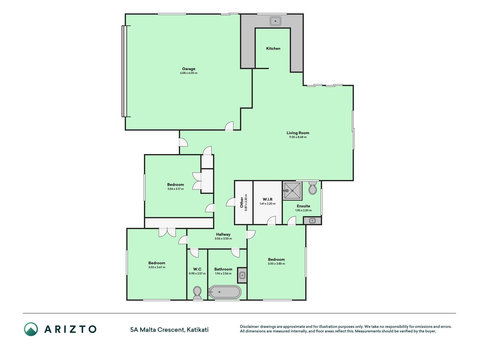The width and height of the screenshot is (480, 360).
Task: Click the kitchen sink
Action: coord(276,21)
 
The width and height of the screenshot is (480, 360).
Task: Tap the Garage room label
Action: coord(189,69)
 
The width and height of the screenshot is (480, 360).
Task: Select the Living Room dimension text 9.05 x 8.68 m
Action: coord(298,137)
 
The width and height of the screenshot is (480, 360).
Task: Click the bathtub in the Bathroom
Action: coord(225,292)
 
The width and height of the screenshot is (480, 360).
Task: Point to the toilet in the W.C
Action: coord(197,293)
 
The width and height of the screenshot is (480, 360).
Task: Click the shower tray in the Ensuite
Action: coord(292,191)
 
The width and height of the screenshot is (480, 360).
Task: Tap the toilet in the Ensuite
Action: coord(312,187)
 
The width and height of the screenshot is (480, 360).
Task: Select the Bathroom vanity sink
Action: coord(242,275)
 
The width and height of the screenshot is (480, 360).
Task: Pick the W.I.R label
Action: coord(267,199)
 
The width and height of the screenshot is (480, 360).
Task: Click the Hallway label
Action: coord(223,234)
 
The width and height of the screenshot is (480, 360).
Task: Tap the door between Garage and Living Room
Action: coord(229,126)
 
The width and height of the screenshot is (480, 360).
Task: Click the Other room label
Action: coord(242,202)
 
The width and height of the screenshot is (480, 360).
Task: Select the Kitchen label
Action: coord(273,48)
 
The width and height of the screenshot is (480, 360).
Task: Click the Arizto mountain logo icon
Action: coord(31,329)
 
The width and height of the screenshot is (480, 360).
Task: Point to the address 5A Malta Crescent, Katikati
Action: coord(170,330)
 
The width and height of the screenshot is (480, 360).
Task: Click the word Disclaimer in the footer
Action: coord(249,327)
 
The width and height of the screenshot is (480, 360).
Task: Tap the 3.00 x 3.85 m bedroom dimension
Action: coord(276,264)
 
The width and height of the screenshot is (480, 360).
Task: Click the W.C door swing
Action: coord(194,253)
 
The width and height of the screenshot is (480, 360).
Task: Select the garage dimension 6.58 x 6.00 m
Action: coord(189,73)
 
